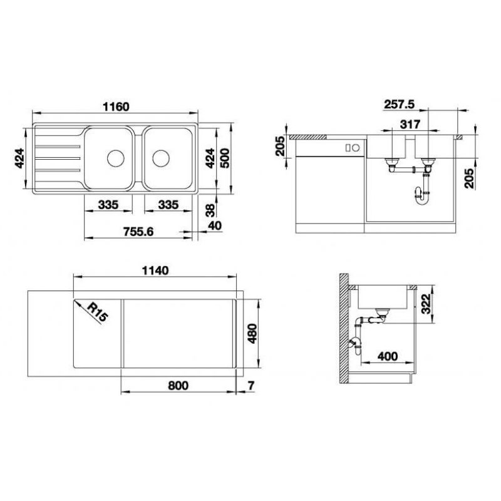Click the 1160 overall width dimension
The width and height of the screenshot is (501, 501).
point(116,106)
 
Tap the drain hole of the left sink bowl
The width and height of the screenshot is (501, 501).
point(115,158)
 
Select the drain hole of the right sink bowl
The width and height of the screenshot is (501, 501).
point(161,158)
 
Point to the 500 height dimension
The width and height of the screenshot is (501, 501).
point(225,158)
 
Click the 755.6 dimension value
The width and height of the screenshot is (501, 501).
point(138,231)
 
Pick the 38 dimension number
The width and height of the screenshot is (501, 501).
point(210,210)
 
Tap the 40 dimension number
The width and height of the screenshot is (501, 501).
point(215,225)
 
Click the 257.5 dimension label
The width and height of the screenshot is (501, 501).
point(399,104)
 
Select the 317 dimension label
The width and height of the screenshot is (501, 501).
point(410,124)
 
